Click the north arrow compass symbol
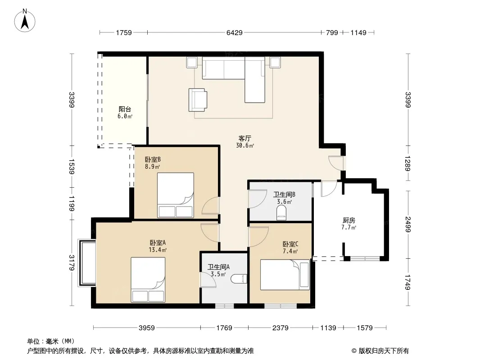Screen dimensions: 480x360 25,21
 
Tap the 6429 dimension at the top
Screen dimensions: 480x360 235,32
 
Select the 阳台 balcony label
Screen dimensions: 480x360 125,109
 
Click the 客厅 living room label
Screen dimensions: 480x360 245,138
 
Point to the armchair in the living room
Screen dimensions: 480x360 198,100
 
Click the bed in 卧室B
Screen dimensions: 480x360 176,195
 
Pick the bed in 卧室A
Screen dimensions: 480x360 148,279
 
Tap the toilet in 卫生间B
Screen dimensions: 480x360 281,213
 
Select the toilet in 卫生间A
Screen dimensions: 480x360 239,279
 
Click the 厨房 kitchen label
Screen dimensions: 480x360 349,220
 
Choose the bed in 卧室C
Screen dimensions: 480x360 285,274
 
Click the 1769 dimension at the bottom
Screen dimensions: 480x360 224,328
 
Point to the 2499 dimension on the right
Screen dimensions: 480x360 408,224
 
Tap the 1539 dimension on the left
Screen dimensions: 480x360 72,166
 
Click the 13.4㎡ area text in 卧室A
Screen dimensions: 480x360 158,250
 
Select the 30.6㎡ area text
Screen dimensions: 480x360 245,146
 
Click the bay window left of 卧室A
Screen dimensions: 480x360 87,263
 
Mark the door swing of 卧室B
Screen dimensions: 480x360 211,206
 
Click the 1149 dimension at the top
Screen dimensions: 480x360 358,32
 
